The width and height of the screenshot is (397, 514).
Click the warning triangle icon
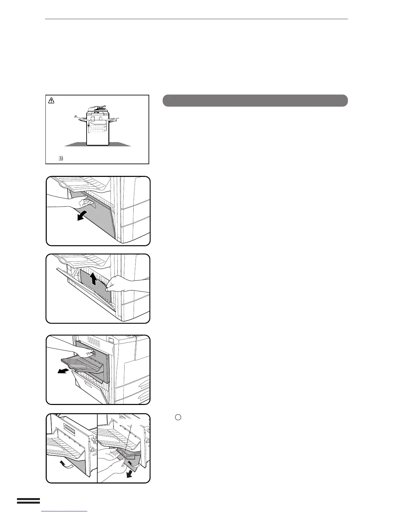pyautogui.click(x=51, y=101)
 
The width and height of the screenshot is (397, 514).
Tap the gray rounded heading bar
pyautogui.click(x=255, y=101)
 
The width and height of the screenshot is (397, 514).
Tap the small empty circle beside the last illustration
pyautogui.click(x=178, y=417)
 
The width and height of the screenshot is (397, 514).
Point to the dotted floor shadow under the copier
pyautogui.click(x=97, y=144)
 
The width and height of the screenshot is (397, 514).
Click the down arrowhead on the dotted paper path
pyautogui.click(x=89, y=126)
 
